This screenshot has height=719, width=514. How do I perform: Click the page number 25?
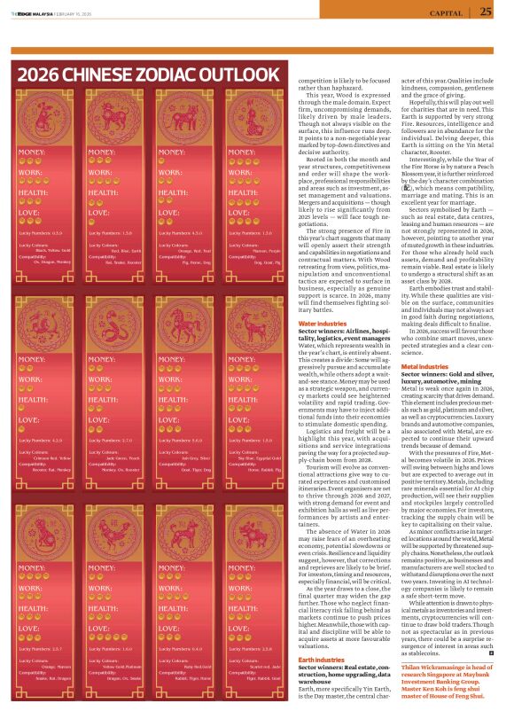[x=487, y=12]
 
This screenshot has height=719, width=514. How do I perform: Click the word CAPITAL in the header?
[x=447, y=12]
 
